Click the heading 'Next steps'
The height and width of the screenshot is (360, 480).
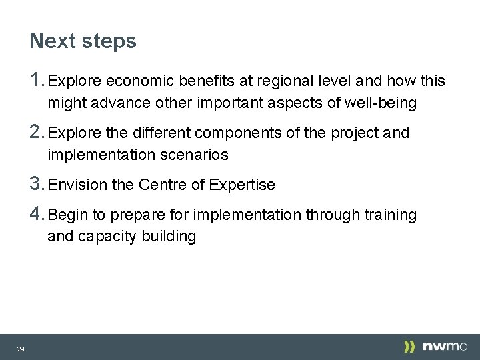(83, 41)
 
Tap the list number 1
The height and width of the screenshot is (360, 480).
(37, 81)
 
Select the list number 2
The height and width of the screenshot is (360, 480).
(37, 132)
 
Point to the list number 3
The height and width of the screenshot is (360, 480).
(37, 184)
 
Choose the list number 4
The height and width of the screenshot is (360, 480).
(37, 214)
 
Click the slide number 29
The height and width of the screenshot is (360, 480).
(21, 349)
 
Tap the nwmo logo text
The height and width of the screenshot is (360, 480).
(445, 347)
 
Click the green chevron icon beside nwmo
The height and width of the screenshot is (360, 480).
(409, 347)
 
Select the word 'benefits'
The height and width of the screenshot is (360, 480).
(203, 81)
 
